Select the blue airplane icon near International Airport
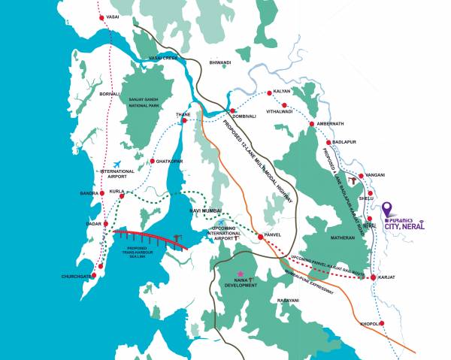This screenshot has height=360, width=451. (x=117, y=164)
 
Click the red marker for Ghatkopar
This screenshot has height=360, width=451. (x=153, y=161)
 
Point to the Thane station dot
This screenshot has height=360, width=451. (x=183, y=120)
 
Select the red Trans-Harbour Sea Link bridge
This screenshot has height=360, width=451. (x=150, y=238)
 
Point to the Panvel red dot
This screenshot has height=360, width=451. (x=260, y=237)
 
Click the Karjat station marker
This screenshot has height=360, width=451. (x=374, y=278)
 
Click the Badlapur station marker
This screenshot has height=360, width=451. (x=328, y=142)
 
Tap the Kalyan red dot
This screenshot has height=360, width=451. (x=268, y=94)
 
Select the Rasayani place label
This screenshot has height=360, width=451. (x=288, y=301)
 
